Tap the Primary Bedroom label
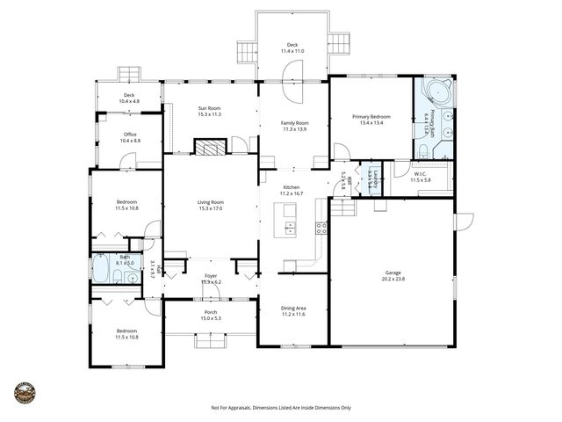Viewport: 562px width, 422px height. tap(371, 117)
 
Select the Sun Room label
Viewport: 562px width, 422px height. tap(209, 108)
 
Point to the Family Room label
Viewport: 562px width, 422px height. tap(294, 123)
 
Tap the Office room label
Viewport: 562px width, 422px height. tap(129, 135)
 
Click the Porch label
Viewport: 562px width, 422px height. tap(211, 312)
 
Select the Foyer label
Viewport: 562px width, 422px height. tap(211, 276)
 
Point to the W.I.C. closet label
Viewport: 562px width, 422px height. tap(421, 174)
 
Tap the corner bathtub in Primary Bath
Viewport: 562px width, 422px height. tap(434, 95)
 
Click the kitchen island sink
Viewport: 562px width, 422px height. tap(290, 231)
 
